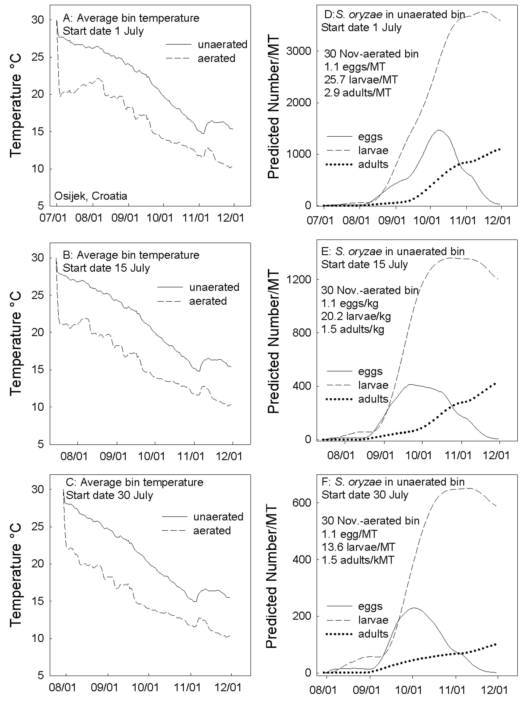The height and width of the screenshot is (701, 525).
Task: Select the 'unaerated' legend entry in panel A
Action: tap(222, 44)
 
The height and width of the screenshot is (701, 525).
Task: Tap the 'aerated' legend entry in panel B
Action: tap(208, 301)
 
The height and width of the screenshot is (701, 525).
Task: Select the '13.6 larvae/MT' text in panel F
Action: tap(358, 547)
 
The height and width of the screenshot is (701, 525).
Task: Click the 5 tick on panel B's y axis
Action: tap(40, 444)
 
